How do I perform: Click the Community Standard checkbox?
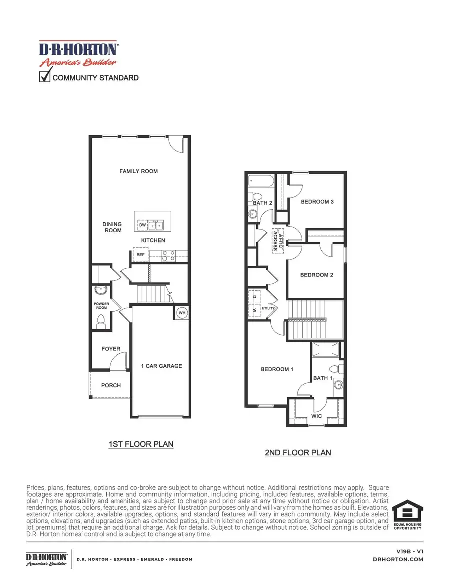45,77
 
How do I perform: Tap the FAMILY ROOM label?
138,171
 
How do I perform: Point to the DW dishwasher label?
142,226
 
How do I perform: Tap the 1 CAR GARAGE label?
161,366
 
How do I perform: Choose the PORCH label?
111,385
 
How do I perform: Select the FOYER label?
110,349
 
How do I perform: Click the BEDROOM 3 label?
317,202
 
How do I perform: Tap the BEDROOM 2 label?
316,275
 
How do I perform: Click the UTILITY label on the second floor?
268,309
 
